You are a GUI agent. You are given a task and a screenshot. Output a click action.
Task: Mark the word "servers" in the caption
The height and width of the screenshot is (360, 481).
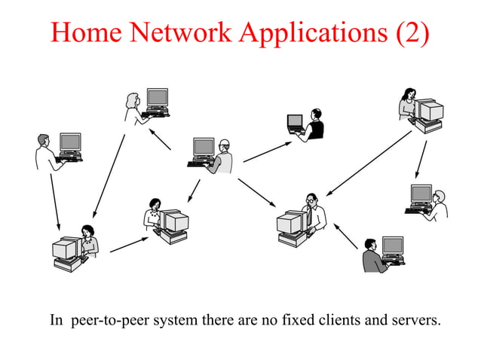coord(412,320)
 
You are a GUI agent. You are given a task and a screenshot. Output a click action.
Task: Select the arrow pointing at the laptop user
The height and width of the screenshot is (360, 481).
coord(266,151)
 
